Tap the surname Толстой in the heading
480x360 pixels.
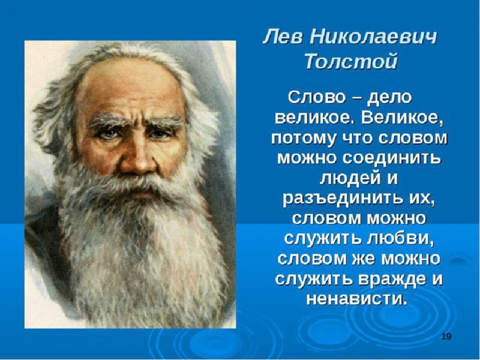(351, 61)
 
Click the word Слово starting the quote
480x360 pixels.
(316, 97)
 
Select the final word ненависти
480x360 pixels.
(357, 299)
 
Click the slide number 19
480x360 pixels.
(446, 337)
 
